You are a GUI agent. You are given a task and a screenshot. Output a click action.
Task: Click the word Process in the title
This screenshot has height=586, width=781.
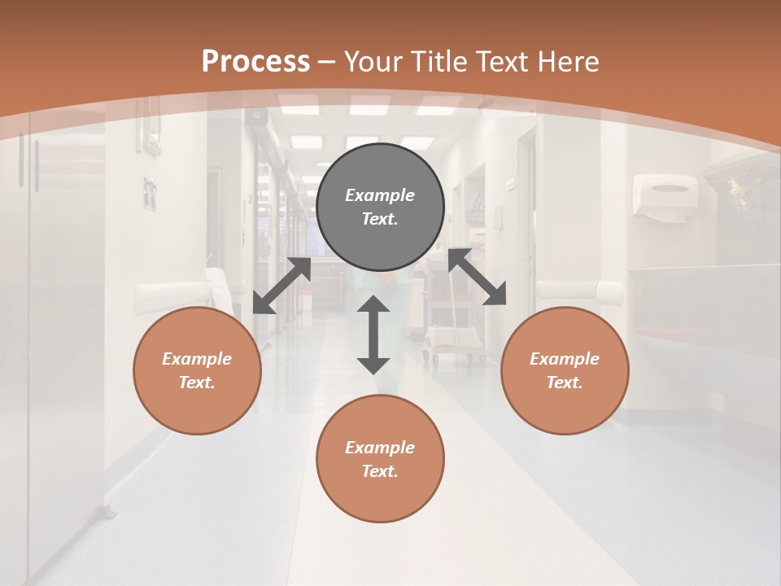coord(255,62)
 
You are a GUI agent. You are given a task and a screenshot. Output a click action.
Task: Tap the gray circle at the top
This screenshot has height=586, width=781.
coord(380,207)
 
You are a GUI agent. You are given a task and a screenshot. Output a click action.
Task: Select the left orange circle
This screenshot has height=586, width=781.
coord(197,370)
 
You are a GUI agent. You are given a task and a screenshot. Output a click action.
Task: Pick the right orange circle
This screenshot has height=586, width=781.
coord(565,370)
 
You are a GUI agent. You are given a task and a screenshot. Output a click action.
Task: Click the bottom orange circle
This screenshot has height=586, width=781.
coord(380,459)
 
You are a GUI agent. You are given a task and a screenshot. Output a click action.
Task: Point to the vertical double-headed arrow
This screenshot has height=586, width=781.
coord(373,335)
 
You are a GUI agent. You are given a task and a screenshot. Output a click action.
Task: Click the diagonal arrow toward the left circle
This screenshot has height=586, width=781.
coord(281,286)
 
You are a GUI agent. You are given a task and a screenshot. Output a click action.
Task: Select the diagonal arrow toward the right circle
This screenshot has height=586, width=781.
coord(477,277)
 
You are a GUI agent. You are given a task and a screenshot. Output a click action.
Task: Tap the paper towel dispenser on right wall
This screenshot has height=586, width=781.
coord(666,196)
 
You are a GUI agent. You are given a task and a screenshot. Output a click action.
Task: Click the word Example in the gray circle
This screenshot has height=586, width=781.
coord(380,195)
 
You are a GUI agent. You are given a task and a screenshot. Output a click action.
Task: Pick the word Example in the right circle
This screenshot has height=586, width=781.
coord(565,359)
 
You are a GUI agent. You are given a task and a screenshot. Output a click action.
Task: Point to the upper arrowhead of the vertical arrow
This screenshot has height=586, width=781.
coord(373,305)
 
